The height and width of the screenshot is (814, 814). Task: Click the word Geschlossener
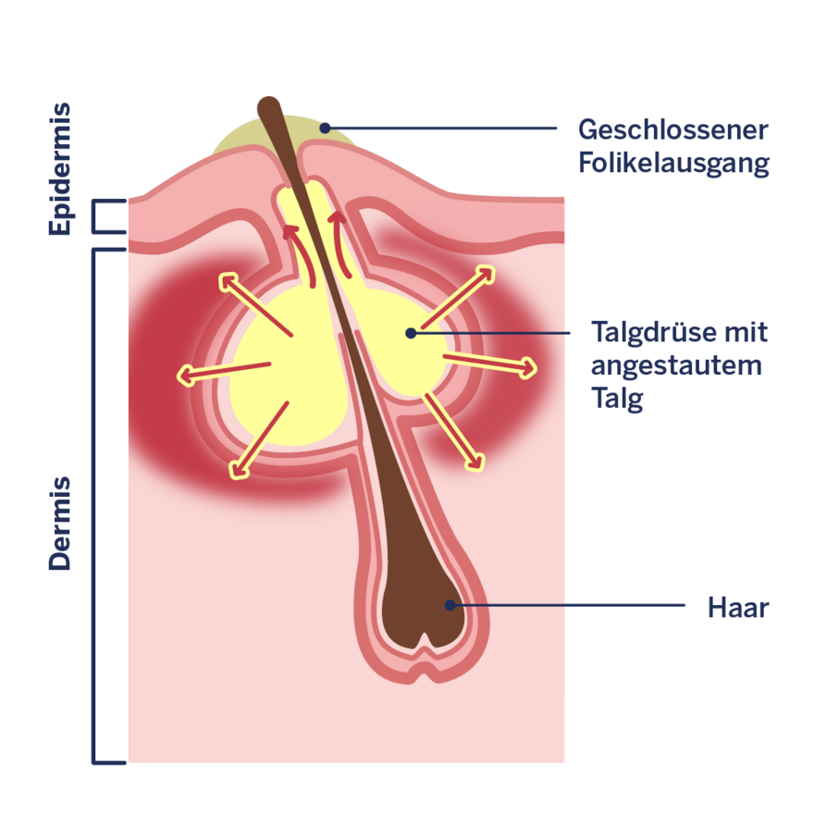672,129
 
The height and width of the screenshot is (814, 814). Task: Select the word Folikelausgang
672,163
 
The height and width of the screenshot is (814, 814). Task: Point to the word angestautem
676,365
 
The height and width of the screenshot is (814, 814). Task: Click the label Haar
737,608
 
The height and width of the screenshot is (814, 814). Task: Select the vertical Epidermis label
60,169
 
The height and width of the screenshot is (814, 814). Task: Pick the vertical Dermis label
60,523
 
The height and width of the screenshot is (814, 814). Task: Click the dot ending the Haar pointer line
450,605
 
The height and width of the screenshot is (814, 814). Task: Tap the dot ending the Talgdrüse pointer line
411,332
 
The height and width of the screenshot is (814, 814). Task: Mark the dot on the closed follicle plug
325,128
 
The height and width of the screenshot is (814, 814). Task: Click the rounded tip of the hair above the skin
267,105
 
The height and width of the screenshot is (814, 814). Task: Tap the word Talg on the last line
617,399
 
